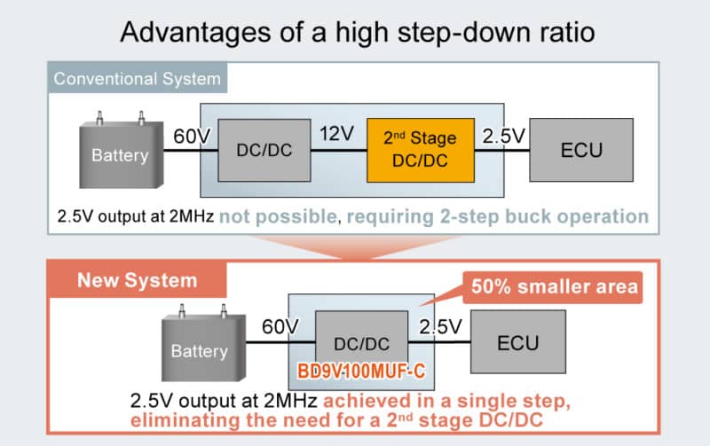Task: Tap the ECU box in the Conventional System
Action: coord(581,149)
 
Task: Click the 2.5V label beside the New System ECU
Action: coord(440,326)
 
